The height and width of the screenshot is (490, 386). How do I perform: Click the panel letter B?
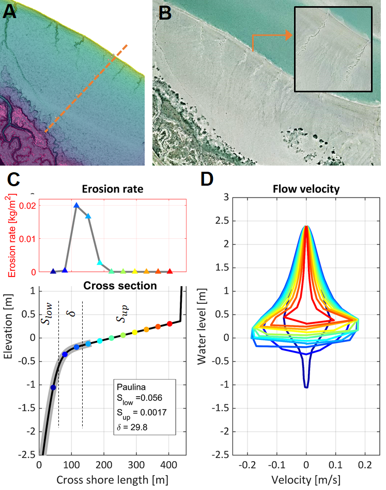164,12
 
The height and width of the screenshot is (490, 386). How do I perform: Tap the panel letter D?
207,179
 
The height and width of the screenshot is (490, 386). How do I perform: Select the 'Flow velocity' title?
306,189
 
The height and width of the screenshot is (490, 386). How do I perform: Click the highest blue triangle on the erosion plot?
76,205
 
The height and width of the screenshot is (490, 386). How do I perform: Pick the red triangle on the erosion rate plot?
170,271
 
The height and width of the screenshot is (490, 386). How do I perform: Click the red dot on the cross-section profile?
169,323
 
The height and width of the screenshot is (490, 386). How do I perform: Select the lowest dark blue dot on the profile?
53,387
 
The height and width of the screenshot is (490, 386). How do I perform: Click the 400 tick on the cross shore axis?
169,463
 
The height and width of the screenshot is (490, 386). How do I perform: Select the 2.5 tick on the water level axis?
240,220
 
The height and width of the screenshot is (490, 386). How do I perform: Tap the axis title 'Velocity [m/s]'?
306,478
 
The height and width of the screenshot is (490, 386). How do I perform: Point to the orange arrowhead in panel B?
288,35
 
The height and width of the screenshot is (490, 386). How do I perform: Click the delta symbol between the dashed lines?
71,314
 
